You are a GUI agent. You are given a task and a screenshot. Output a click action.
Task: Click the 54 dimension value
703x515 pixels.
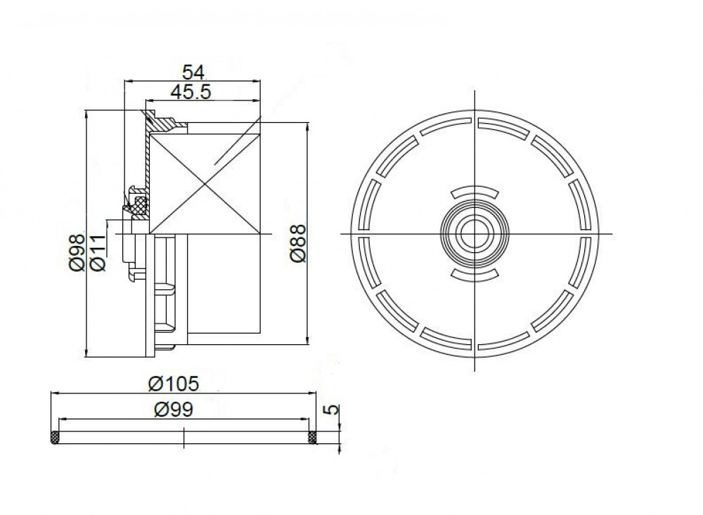193,72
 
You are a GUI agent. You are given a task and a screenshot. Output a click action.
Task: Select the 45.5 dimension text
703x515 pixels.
191,92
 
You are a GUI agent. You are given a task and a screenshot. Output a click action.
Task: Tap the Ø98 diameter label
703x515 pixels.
77,252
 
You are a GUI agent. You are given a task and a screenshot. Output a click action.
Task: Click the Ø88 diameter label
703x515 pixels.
298,243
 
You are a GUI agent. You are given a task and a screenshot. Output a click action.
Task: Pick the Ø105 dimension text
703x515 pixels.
174,384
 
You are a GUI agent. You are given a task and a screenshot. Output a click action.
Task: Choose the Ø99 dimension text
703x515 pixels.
174,409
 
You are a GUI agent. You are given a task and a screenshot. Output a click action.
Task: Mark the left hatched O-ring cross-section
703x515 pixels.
55,438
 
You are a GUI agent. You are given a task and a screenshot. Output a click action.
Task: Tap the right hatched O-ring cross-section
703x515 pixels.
312,438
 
